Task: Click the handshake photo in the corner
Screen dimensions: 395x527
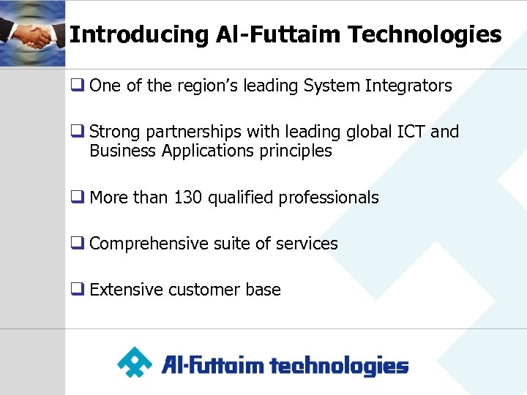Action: tap(32, 33)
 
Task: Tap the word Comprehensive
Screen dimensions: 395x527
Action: tap(149, 244)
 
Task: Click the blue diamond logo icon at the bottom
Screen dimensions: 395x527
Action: tap(135, 363)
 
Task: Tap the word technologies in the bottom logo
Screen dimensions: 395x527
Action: tap(340, 365)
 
